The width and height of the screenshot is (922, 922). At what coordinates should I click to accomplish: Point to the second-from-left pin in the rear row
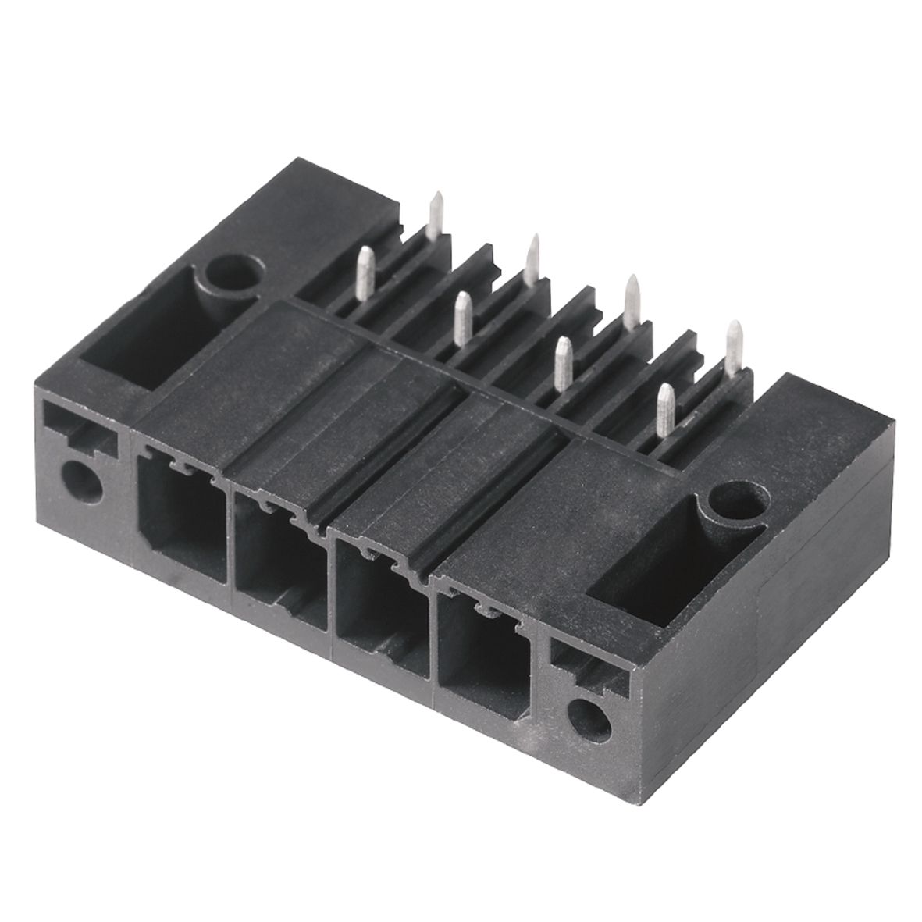click(x=533, y=259)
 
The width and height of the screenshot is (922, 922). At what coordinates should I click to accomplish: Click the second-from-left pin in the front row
click(x=463, y=318)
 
